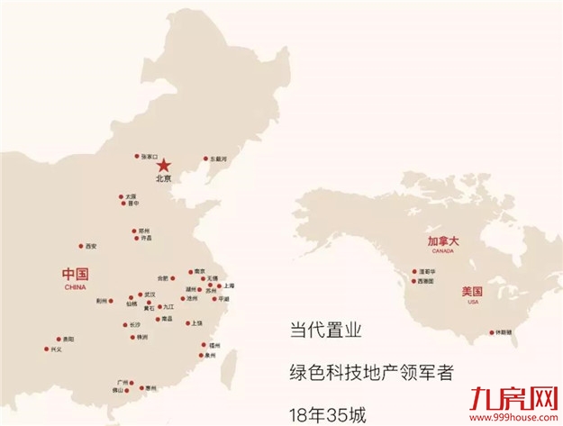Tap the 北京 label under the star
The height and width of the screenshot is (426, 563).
pos(163,178)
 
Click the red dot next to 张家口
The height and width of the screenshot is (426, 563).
pos(137,156)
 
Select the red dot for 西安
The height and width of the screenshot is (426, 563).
pos(82,246)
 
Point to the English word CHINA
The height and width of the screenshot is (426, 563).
pos(75,286)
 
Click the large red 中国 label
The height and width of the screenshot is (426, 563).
pos(75,274)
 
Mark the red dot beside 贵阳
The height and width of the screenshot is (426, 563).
pos(59,339)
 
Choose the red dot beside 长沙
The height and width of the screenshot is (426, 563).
pos(124,324)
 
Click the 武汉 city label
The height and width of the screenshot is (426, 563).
pos(150,295)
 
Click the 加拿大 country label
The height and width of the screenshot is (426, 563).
pos(443,241)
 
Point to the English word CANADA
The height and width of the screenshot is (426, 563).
pos(443,252)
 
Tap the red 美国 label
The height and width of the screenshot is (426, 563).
pos(472,292)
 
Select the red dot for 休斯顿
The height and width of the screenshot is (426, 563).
pos(492,332)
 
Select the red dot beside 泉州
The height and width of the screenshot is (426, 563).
pos(204,356)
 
